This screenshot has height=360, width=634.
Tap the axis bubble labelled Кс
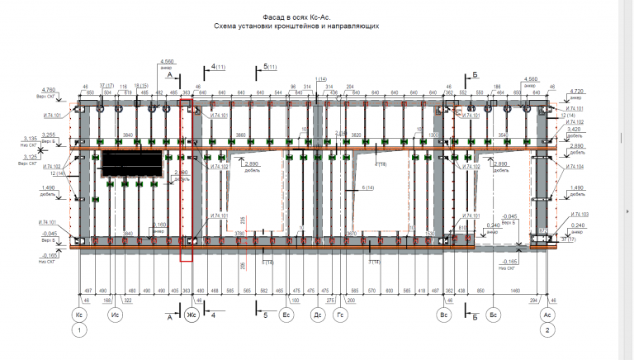(80, 315)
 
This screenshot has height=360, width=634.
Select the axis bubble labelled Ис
(117, 315)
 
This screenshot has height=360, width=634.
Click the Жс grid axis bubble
(191, 315)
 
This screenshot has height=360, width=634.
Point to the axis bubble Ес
(286, 315)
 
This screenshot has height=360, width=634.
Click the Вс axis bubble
(443, 315)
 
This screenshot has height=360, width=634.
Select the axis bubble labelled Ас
(546, 315)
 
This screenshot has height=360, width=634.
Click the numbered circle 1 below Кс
(80, 330)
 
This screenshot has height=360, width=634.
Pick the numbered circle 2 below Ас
(546, 330)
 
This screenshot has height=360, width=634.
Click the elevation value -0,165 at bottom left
(49, 257)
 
